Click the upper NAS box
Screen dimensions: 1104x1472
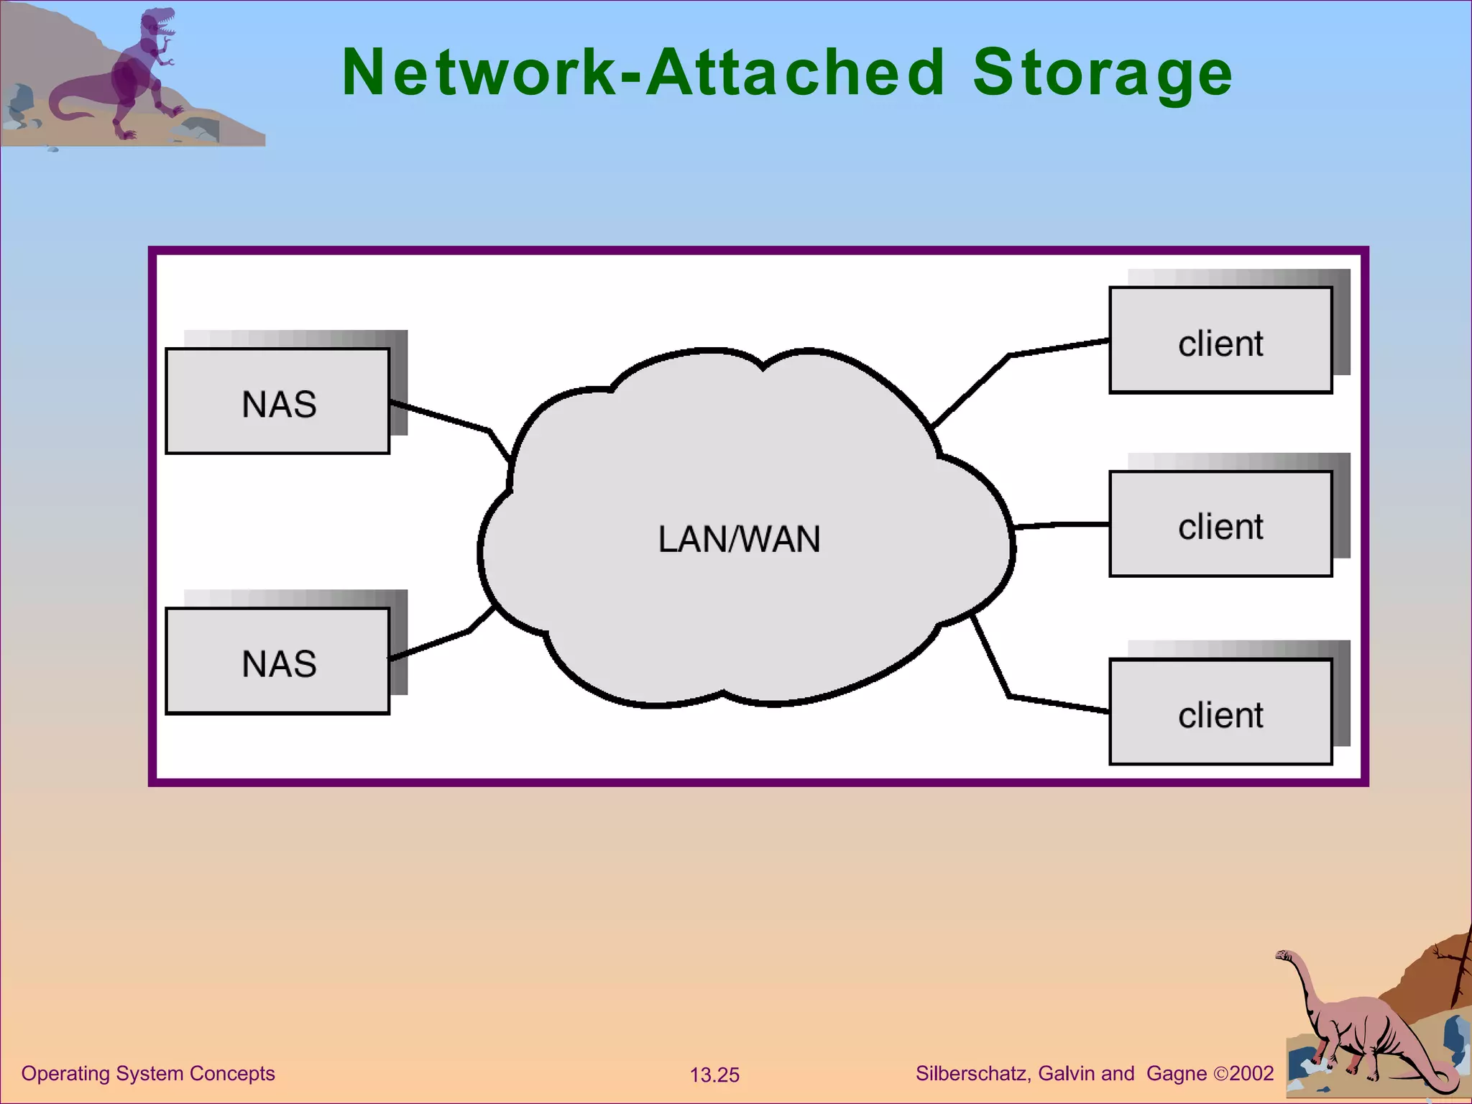tap(277, 401)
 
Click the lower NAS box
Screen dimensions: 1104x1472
tap(277, 661)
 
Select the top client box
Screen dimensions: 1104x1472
tap(1220, 341)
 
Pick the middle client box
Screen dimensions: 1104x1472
tap(1220, 524)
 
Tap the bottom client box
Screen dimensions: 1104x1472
tap(1220, 712)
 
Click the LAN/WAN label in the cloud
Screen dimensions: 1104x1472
tap(739, 539)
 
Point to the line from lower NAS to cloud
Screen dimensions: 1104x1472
tap(438, 642)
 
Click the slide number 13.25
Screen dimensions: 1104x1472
tap(714, 1075)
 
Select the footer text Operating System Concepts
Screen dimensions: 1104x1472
tap(148, 1073)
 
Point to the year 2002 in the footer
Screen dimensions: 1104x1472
tap(1251, 1073)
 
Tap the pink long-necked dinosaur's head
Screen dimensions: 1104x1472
tap(1283, 955)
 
